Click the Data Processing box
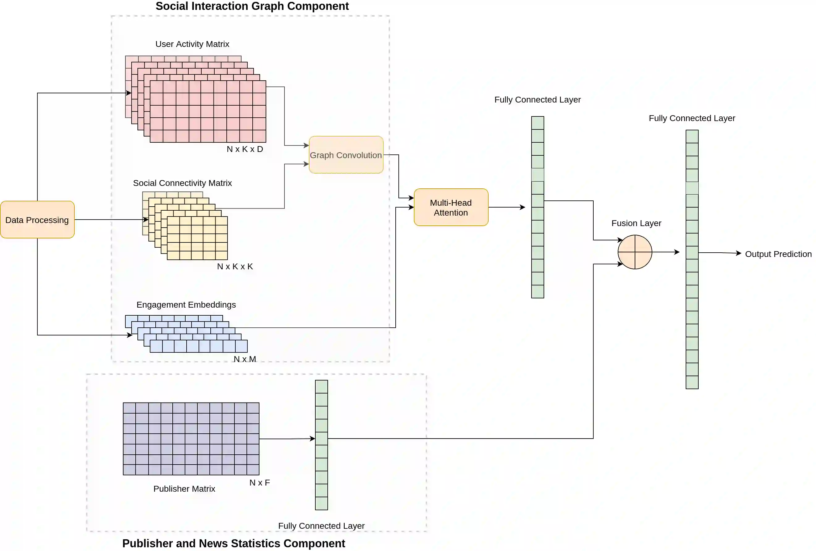(x=37, y=220)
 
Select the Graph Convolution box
(x=346, y=155)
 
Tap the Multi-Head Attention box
(x=451, y=207)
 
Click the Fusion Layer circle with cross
(x=634, y=252)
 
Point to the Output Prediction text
(x=778, y=254)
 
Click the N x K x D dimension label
(x=245, y=149)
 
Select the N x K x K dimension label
(x=235, y=266)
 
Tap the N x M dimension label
(x=245, y=359)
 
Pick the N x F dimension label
(x=259, y=482)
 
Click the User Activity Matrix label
(x=192, y=44)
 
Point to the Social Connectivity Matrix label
(x=182, y=183)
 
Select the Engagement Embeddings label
(x=186, y=305)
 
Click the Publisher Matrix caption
(x=184, y=489)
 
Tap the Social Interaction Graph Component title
(x=252, y=6)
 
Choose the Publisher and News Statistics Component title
(x=233, y=543)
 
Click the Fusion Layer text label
(x=636, y=223)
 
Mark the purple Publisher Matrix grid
(x=191, y=439)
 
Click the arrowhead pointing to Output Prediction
(x=739, y=253)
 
